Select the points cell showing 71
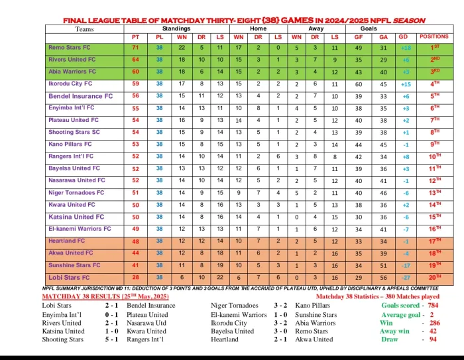click(x=135, y=48)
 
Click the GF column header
click(x=359, y=37)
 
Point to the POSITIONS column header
click(x=434, y=37)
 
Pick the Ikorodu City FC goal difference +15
click(x=406, y=85)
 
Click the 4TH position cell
click(x=435, y=85)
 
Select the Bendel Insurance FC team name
click(x=81, y=96)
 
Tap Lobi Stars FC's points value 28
click(x=135, y=277)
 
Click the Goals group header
click(x=369, y=29)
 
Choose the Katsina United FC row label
click(x=76, y=217)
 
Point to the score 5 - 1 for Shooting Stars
click(x=112, y=339)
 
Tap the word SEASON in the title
click(x=409, y=21)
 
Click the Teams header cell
click(x=85, y=29)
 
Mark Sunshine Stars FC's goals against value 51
click(x=382, y=265)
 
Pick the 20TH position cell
click(x=435, y=277)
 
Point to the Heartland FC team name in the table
click(x=67, y=241)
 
